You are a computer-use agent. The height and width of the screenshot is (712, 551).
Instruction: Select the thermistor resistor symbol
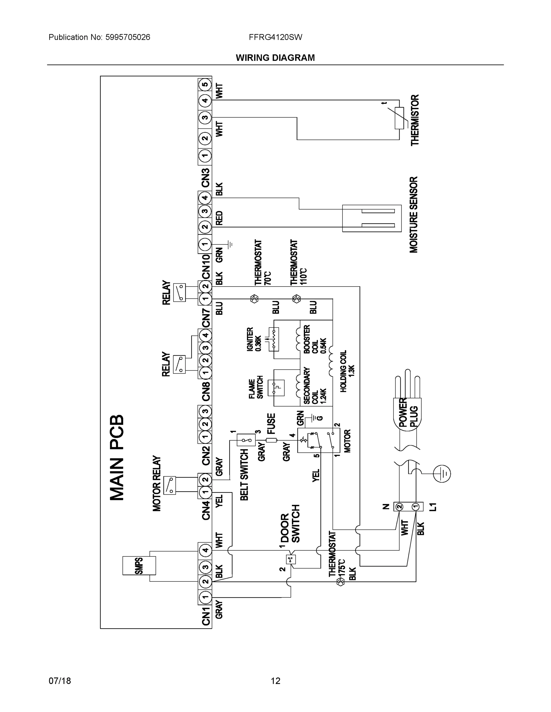tap(399, 118)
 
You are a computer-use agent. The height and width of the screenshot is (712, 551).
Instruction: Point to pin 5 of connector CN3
tap(205, 85)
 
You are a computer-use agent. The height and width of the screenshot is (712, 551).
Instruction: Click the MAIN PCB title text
tap(117, 458)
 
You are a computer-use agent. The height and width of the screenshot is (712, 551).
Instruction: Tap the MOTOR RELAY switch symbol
tap(169, 485)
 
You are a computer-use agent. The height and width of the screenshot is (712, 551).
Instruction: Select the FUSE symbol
tap(271, 441)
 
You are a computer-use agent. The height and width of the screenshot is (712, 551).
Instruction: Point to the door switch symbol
tap(290, 560)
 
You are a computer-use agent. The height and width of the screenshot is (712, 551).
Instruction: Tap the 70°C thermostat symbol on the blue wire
tap(254, 299)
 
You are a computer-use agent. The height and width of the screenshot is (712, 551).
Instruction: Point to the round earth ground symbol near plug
tap(442, 473)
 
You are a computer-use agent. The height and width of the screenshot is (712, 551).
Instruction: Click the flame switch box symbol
tap(276, 388)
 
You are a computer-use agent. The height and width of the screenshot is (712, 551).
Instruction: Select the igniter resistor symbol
tap(274, 339)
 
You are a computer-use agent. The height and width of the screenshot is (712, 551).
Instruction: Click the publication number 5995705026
tap(128, 37)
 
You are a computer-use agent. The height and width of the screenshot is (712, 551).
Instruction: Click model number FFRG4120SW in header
tap(275, 37)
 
